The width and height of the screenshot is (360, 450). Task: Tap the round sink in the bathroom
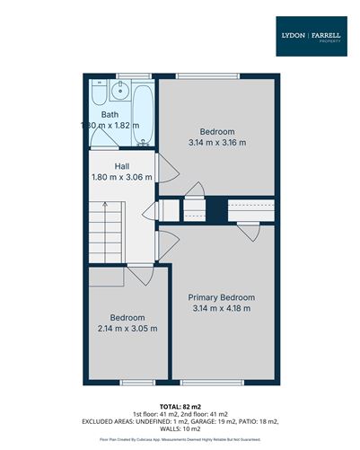pyautogui.click(x=120, y=92)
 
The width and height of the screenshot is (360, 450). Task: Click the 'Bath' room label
pyautogui.click(x=110, y=114)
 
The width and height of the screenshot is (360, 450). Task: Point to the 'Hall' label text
pyautogui.click(x=123, y=166)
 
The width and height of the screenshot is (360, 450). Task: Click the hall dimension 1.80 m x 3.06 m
pyautogui.click(x=122, y=178)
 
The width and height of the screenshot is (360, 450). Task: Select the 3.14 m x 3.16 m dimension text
pyautogui.click(x=217, y=142)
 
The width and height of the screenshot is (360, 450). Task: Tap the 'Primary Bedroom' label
pyautogui.click(x=222, y=297)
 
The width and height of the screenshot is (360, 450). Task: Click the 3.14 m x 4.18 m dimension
pyautogui.click(x=222, y=309)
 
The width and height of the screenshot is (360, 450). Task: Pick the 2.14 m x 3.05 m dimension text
pyautogui.click(x=127, y=329)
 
